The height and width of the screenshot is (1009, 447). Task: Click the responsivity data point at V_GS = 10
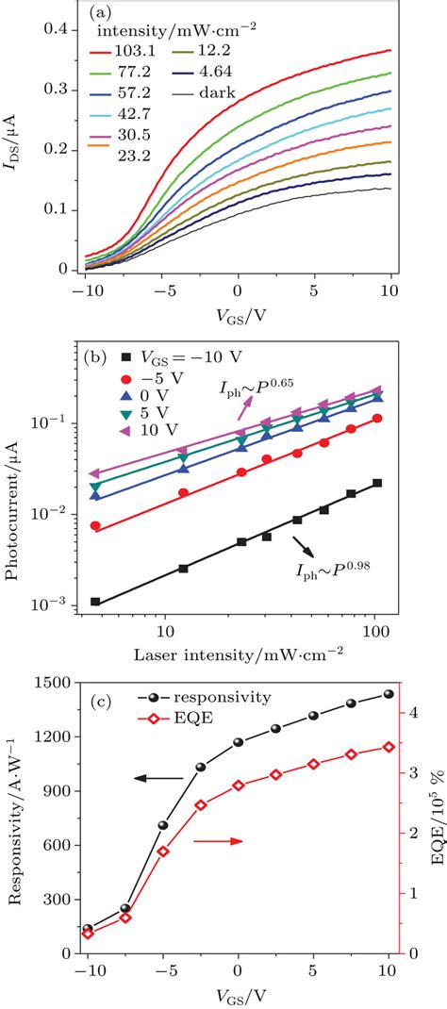(x=388, y=694)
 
